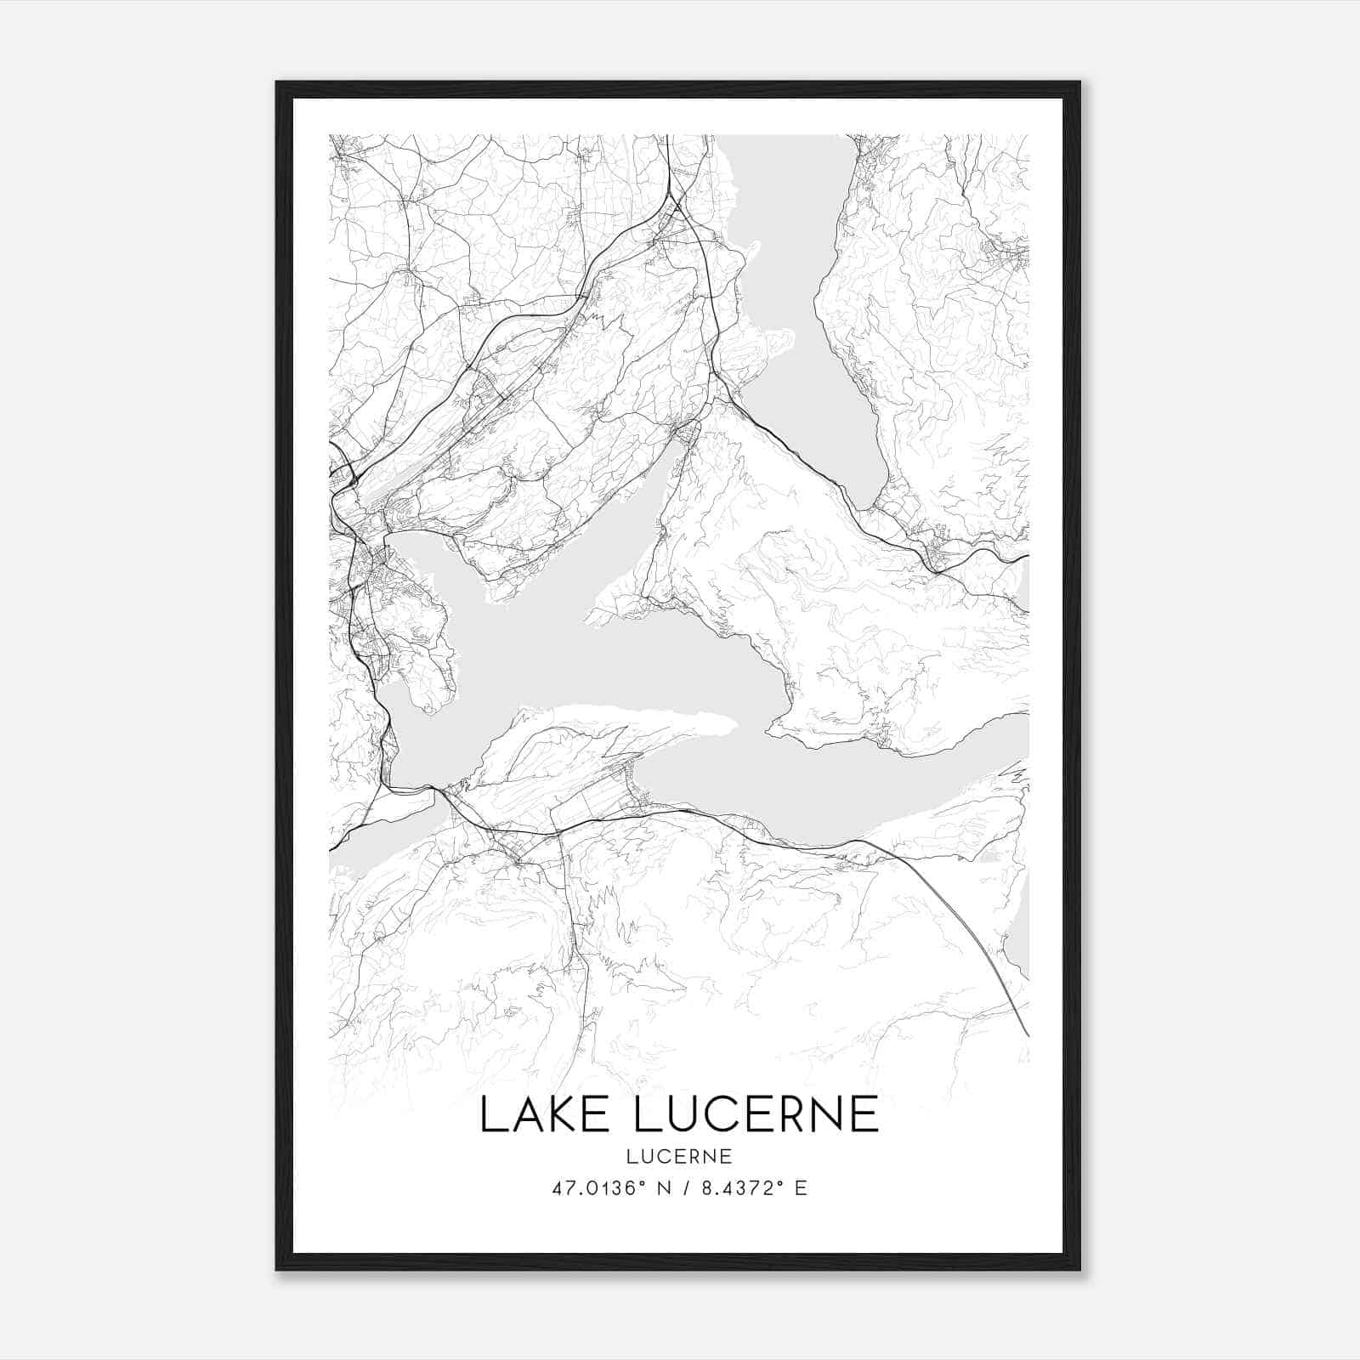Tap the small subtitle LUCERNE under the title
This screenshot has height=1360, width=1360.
(x=679, y=1156)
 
